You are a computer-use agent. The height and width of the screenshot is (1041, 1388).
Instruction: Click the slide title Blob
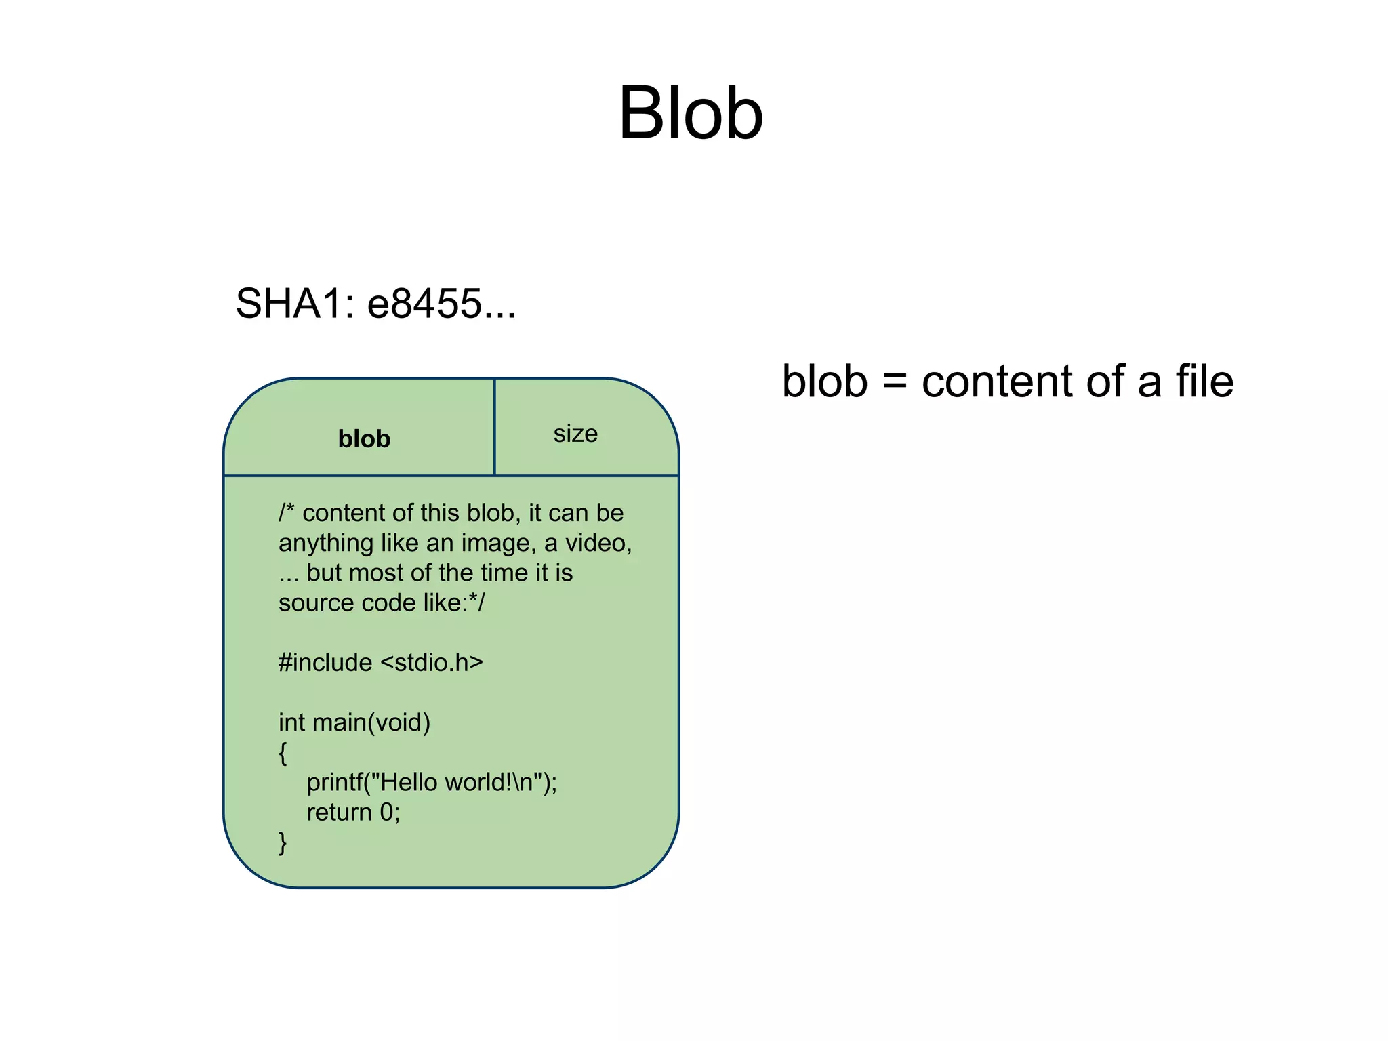pyautogui.click(x=691, y=113)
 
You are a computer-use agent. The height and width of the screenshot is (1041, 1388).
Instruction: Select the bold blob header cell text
pyautogui.click(x=364, y=439)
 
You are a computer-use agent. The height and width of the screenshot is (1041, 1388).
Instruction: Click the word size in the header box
pyautogui.click(x=575, y=434)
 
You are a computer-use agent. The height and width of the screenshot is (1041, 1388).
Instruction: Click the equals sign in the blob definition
pyautogui.click(x=895, y=382)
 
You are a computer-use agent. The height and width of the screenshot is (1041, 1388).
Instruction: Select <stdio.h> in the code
pyautogui.click(x=432, y=662)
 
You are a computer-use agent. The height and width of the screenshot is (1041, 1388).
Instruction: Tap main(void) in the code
pyautogui.click(x=371, y=722)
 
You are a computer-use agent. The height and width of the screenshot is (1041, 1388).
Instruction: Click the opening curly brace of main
pyautogui.click(x=283, y=752)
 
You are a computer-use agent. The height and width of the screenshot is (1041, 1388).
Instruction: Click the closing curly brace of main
pyautogui.click(x=283, y=842)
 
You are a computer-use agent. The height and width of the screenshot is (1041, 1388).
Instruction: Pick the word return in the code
pyautogui.click(x=339, y=812)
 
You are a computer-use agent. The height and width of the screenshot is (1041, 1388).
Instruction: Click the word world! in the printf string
pyautogui.click(x=481, y=782)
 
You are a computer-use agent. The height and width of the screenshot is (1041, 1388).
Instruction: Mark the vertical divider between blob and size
pyautogui.click(x=495, y=427)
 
